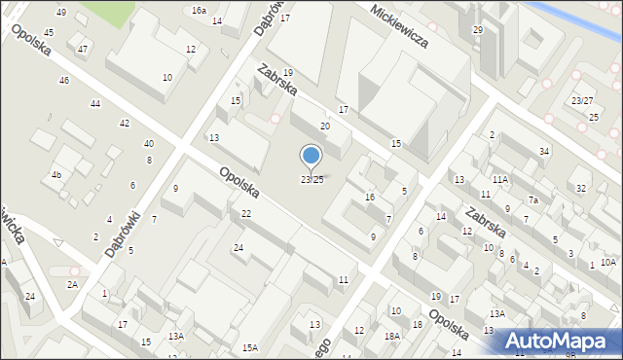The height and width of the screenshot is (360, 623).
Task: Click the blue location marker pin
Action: tap(311, 156)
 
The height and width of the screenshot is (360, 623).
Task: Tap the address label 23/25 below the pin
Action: tap(311, 179)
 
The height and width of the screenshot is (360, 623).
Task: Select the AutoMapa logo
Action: tap(564, 340)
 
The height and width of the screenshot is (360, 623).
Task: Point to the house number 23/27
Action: tap(582, 101)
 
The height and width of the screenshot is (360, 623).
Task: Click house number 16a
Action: tap(199, 10)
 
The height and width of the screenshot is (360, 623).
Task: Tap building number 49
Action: tap(61, 12)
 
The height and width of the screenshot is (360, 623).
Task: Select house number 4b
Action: tap(56, 175)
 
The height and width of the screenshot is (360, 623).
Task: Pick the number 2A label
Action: tap(72, 284)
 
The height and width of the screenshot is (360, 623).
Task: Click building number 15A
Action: tap(250, 347)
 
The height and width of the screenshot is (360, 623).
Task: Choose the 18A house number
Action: tap(391, 336)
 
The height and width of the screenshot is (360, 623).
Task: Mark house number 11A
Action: tap(499, 180)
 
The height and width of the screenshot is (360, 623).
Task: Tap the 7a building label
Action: tap(533, 200)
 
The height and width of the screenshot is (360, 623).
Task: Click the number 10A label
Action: tap(608, 262)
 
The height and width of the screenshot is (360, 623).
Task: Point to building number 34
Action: tap(544, 151)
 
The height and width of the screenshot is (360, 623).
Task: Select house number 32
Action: tap(581, 188)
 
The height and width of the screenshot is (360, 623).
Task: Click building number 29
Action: tap(477, 30)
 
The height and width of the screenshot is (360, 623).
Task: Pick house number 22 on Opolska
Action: tap(246, 214)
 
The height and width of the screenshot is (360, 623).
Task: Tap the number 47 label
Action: tap(83, 50)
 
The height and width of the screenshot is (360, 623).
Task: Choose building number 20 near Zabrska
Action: tap(325, 126)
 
